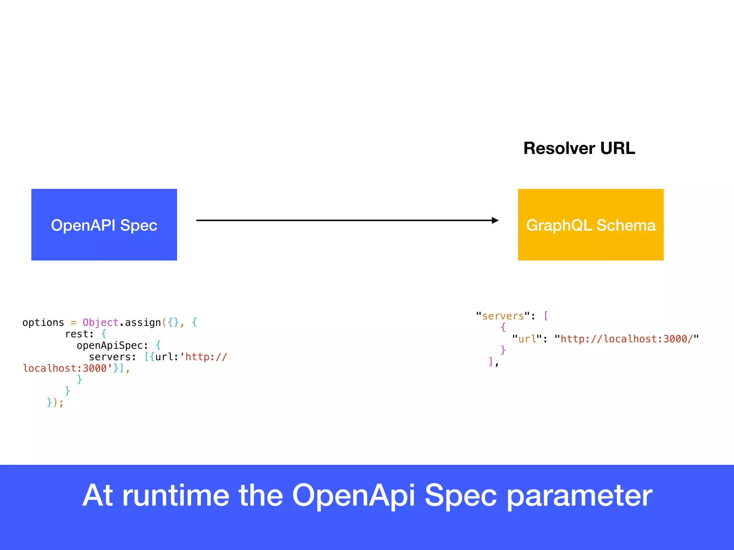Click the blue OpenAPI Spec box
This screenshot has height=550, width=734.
(104, 225)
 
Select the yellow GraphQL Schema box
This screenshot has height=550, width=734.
(591, 225)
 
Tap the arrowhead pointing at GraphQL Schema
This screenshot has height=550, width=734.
(495, 220)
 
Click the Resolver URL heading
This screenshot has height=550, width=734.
(579, 148)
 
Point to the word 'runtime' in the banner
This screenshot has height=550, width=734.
(175, 496)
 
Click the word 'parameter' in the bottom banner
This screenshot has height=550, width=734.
(579, 496)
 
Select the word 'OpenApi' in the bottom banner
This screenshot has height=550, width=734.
(353, 496)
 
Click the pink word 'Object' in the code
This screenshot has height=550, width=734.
(100, 323)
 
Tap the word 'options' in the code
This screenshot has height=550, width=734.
(43, 323)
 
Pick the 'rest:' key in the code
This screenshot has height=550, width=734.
(79, 334)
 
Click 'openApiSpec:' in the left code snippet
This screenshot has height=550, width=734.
(112, 346)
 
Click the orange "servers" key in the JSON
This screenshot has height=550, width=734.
(503, 316)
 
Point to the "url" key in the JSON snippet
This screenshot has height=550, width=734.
(527, 339)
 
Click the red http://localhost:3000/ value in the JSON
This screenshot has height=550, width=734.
(626, 339)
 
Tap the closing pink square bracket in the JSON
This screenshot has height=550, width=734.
(491, 361)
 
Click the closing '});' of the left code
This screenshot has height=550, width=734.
(55, 403)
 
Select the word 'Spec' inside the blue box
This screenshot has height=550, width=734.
(139, 225)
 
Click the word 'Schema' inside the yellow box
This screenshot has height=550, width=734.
(626, 225)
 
